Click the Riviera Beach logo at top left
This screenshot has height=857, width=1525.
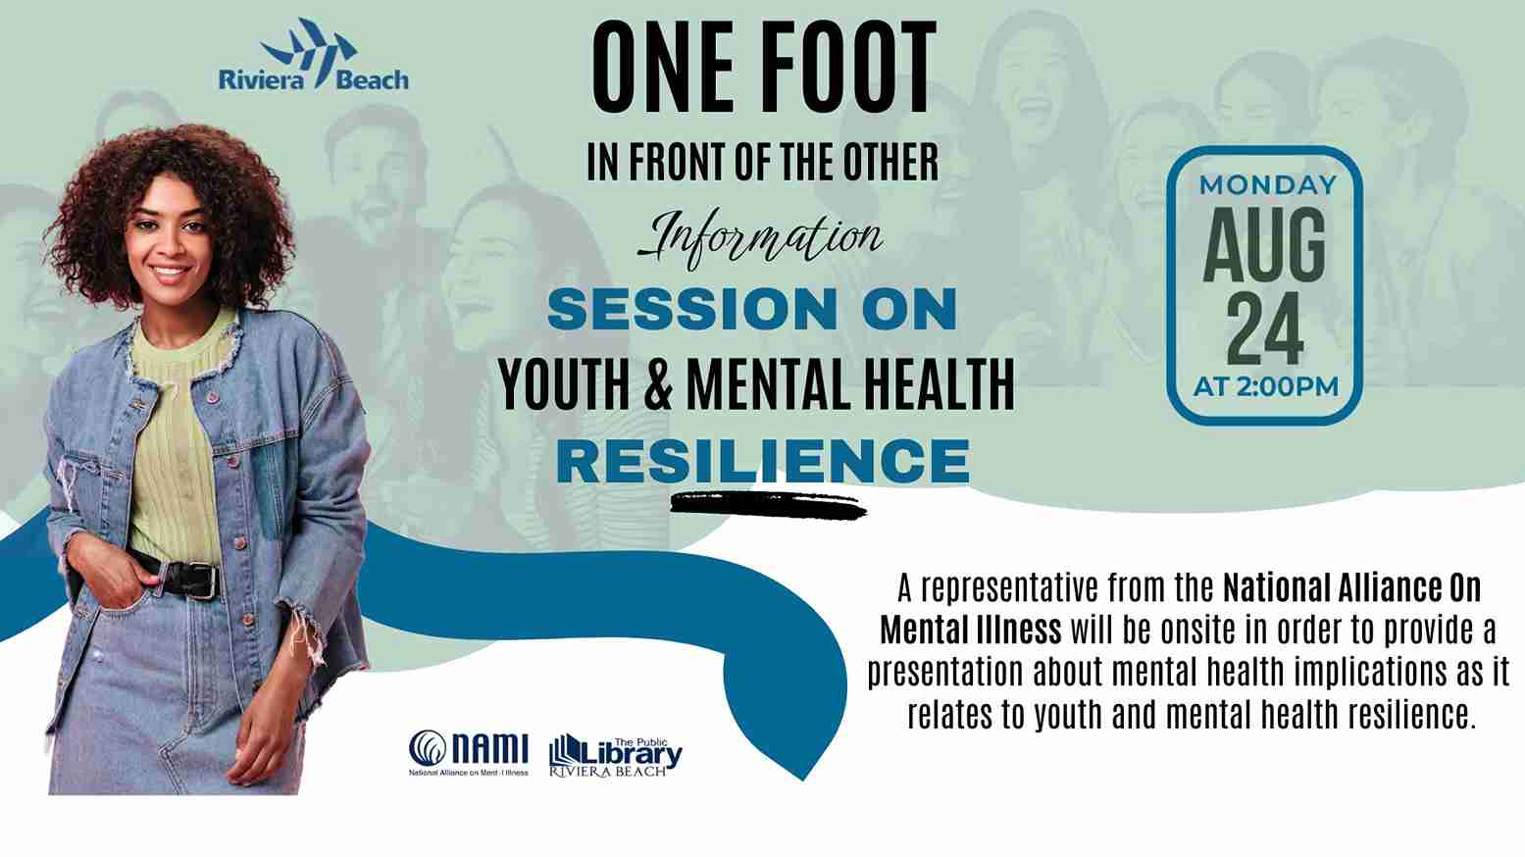(x=314, y=55)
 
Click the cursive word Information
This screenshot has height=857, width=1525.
(x=760, y=239)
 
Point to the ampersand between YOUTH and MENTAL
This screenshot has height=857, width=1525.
(x=658, y=385)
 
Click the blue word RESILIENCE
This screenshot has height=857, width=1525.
(x=763, y=461)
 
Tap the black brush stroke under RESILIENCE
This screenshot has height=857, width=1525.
(x=768, y=506)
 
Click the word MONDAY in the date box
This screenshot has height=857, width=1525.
(x=1268, y=185)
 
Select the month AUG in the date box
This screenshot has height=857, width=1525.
(x=1264, y=245)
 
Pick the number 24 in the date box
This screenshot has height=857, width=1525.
(x=1265, y=329)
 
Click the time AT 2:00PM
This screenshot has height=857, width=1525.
(x=1266, y=387)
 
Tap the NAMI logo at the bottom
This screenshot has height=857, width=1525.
(x=469, y=753)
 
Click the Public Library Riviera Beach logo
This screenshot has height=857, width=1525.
(x=616, y=756)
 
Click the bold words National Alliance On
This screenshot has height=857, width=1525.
(x=1352, y=588)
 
